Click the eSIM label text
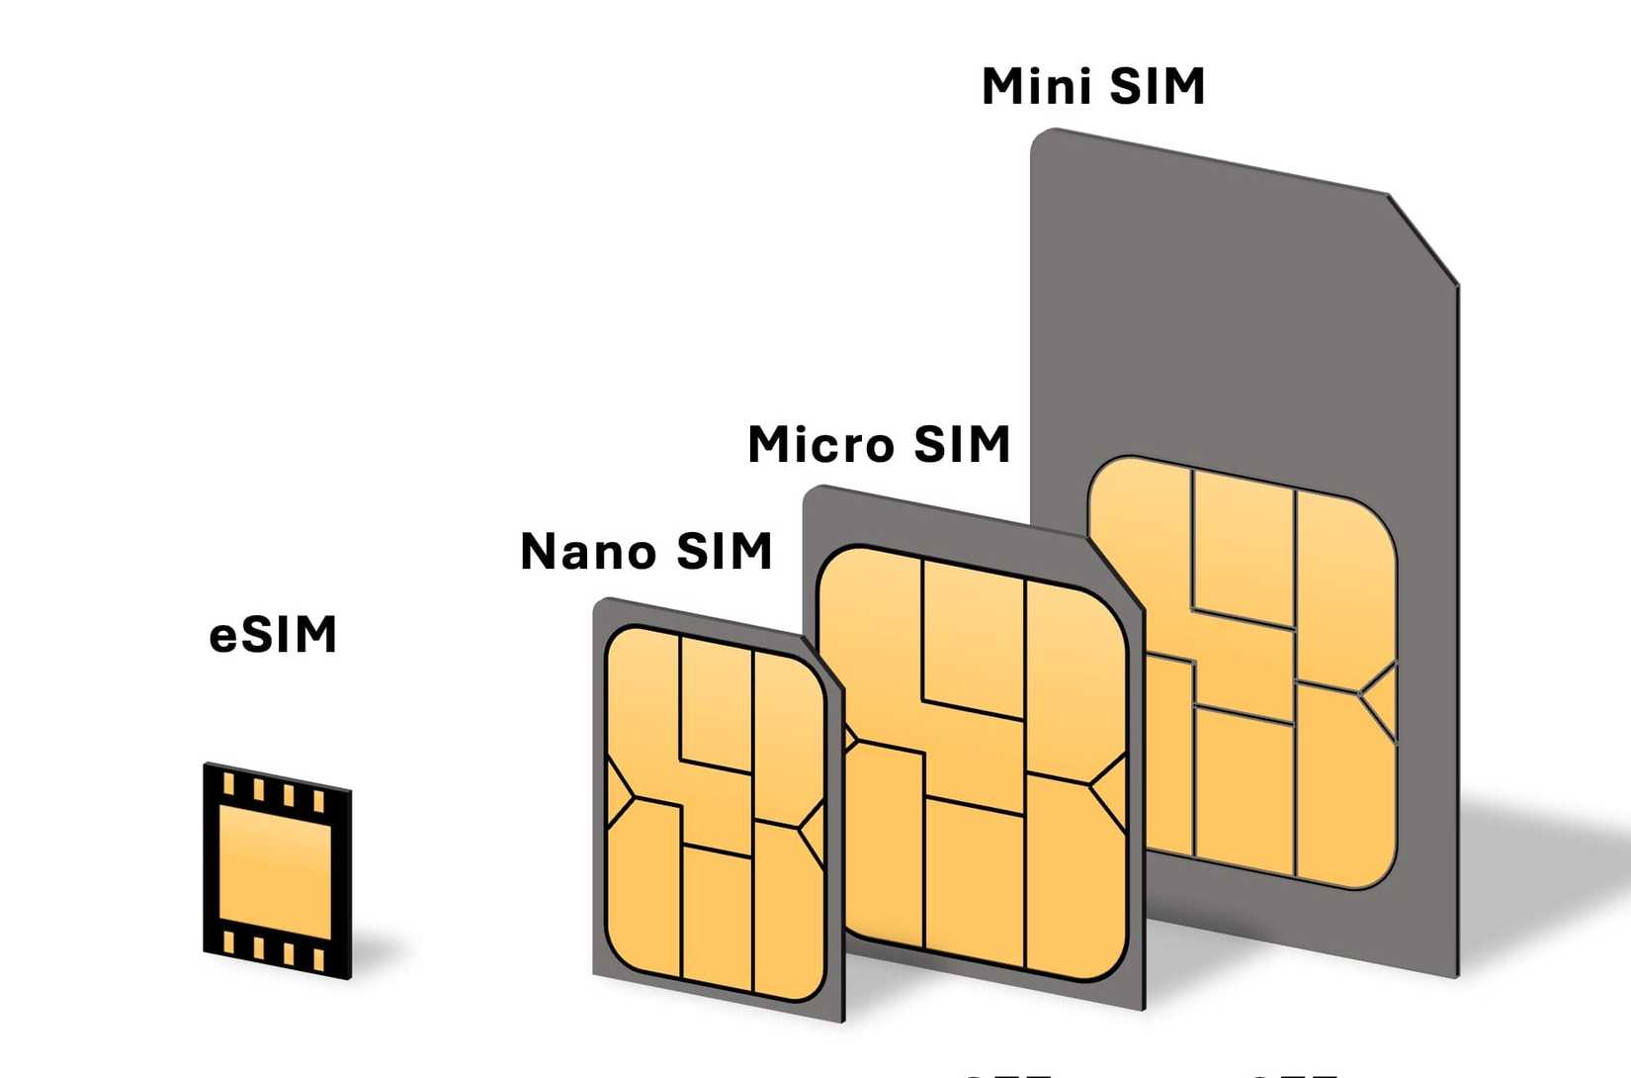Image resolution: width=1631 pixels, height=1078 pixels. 273,635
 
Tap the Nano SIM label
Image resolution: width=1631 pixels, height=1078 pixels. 645,552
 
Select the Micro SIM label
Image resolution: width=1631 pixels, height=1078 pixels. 879,444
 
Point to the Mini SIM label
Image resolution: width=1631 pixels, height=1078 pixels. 1093,87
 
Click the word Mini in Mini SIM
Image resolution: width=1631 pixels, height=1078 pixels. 1037,87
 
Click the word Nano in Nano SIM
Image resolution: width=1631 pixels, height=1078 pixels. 578,552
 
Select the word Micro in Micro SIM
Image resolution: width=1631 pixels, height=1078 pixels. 820,444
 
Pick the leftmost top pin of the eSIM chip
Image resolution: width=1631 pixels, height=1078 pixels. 229,785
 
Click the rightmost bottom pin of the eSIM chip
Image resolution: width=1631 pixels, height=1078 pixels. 318,959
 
